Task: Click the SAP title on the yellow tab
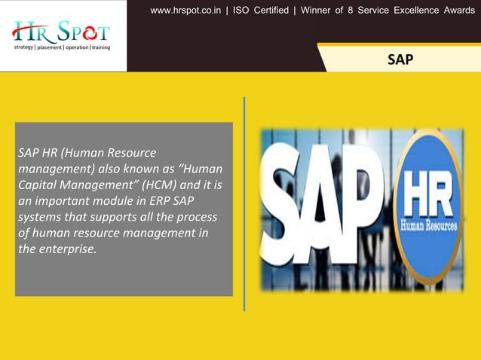400,59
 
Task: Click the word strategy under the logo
23,47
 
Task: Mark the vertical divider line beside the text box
244,203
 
